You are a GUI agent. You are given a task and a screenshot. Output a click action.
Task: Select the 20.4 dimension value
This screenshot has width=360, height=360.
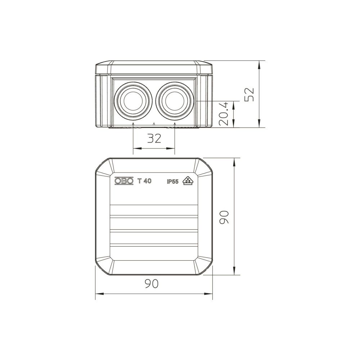(x=224, y=113)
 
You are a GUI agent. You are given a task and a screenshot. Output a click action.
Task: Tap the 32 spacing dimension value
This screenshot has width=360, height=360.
(x=154, y=139)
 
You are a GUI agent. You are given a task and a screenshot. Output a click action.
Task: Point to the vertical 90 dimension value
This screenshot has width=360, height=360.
(x=224, y=217)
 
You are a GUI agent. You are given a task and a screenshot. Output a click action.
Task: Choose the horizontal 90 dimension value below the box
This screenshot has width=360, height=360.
(x=152, y=284)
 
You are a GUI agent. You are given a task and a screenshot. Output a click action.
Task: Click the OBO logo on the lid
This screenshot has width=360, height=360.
(x=124, y=181)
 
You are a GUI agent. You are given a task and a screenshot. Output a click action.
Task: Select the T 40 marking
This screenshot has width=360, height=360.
(x=144, y=181)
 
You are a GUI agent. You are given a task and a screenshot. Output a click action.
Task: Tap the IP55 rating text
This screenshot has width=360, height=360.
(x=173, y=181)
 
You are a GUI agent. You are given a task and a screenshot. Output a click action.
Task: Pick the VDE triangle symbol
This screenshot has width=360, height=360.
(x=188, y=181)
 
